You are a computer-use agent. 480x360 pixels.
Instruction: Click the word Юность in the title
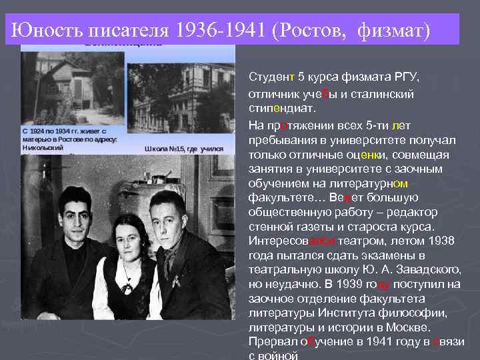pyautogui.click(x=44, y=30)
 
